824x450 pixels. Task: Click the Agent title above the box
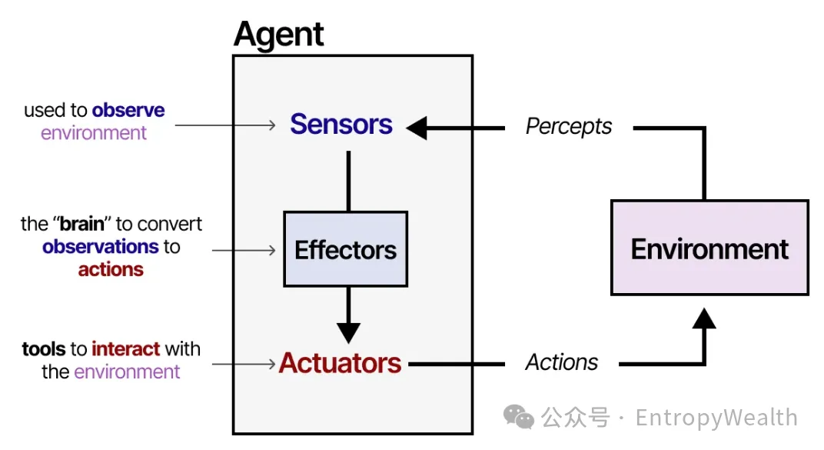(x=278, y=35)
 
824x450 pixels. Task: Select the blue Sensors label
(x=341, y=125)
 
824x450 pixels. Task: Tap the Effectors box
(x=346, y=249)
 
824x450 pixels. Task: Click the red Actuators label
(x=341, y=363)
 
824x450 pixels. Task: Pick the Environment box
(x=709, y=248)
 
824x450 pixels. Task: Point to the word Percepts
(x=569, y=127)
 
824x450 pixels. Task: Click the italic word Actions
(x=562, y=363)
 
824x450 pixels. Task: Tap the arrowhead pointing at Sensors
(x=417, y=128)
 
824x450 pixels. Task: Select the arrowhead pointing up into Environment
(x=704, y=316)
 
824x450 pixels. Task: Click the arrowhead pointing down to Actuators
(x=348, y=332)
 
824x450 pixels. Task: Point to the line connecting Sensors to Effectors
(x=348, y=181)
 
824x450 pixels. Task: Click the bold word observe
(x=128, y=111)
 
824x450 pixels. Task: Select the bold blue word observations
(x=90, y=247)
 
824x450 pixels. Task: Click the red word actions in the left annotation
(x=111, y=270)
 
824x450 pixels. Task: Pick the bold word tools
(x=44, y=349)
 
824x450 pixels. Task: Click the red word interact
(x=126, y=349)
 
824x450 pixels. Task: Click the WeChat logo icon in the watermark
(x=519, y=417)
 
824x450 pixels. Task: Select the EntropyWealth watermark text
(x=716, y=418)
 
